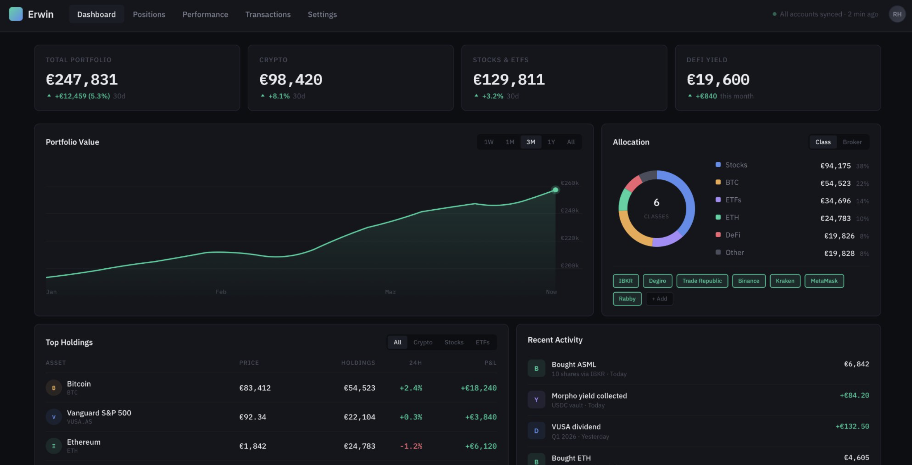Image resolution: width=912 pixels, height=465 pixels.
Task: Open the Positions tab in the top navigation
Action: (149, 14)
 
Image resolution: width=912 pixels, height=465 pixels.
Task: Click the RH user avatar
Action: (897, 14)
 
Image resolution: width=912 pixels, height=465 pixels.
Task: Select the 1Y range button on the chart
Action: (551, 142)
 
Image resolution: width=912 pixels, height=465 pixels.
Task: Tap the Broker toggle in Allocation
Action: (852, 142)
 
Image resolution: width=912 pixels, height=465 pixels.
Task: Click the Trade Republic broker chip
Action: (702, 281)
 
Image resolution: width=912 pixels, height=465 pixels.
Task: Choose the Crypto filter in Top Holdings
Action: (423, 342)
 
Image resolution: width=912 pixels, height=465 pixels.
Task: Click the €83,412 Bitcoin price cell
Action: (255, 388)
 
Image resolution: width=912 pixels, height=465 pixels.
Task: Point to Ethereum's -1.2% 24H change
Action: (411, 446)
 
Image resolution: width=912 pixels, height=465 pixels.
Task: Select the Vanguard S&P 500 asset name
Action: (99, 413)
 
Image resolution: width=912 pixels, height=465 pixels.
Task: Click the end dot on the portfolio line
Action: (555, 190)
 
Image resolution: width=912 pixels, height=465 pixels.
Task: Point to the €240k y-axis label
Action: (569, 210)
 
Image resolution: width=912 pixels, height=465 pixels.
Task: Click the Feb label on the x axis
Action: (221, 292)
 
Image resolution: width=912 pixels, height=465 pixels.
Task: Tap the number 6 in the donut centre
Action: (656, 202)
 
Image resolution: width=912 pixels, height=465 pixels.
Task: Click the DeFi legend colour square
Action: (718, 235)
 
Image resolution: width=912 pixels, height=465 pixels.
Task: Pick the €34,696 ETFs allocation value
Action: (835, 201)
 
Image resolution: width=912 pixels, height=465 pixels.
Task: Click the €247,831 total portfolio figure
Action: (82, 80)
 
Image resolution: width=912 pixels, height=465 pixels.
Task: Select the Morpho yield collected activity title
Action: (589, 396)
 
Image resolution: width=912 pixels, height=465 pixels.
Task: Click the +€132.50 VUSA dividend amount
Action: (852, 426)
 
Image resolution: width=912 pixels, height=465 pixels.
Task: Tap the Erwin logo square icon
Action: (16, 14)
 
